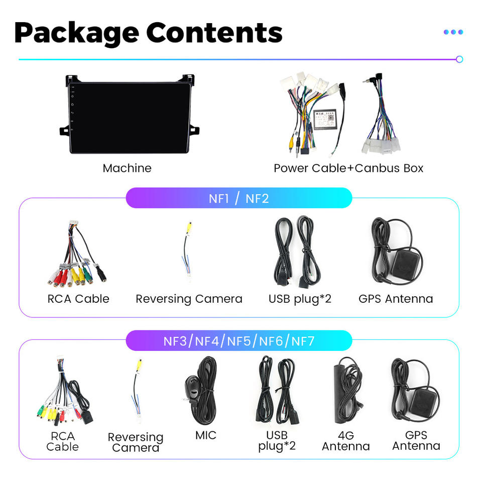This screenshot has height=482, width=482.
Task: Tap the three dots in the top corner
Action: tap(453, 32)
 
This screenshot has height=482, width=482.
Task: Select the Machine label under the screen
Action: tap(127, 168)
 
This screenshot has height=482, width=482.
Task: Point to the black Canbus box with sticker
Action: tap(325, 119)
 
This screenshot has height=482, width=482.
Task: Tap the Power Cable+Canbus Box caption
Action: tap(348, 168)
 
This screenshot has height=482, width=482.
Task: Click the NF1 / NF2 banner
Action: tap(238, 198)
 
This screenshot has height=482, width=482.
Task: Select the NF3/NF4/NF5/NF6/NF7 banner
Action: tap(238, 341)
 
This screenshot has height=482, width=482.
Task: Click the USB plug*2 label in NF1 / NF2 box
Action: tap(300, 299)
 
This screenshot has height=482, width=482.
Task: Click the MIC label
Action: tap(206, 435)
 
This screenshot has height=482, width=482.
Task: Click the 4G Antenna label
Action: tap(345, 440)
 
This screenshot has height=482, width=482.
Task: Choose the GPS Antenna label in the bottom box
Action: tap(416, 440)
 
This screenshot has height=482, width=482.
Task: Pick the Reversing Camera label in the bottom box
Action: tap(136, 442)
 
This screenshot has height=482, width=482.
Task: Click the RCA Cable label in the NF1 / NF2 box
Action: tap(78, 299)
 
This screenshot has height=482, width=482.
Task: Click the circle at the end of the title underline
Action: tap(459, 59)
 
